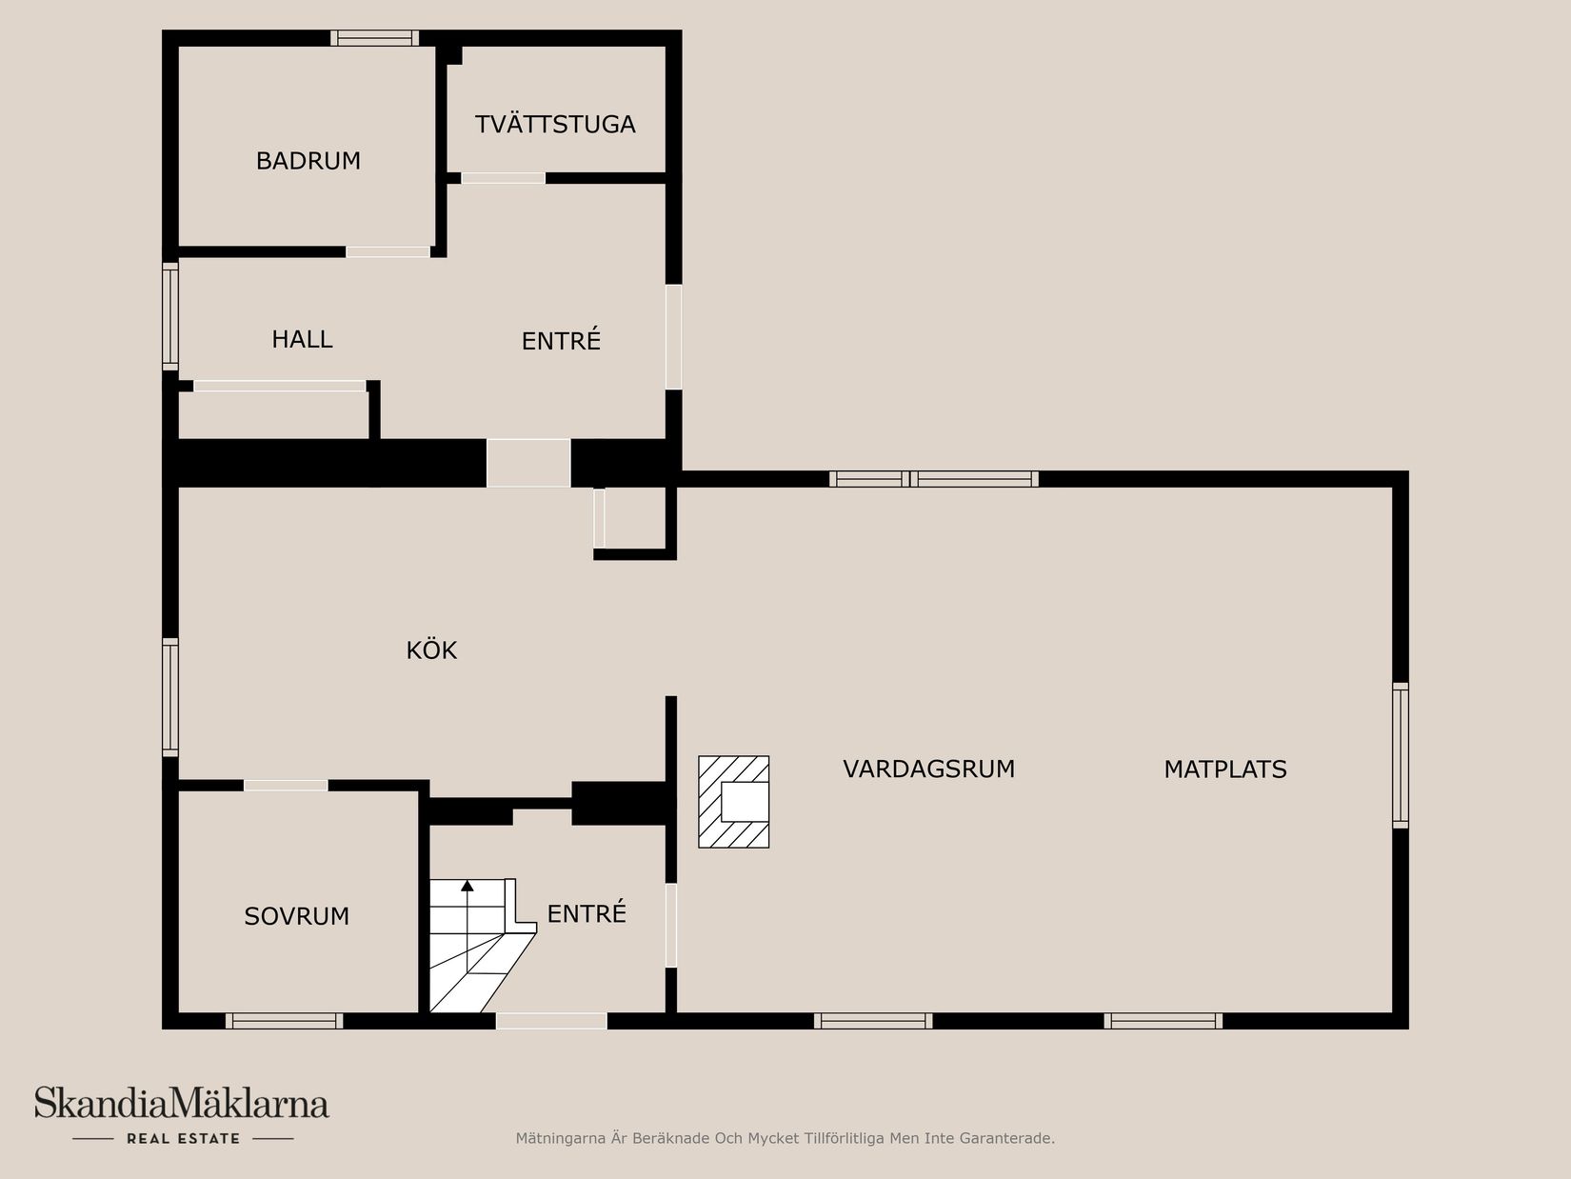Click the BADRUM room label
pyautogui.click(x=308, y=161)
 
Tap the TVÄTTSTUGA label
pyautogui.click(x=555, y=125)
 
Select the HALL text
pyautogui.click(x=302, y=339)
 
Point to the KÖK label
pyautogui.click(x=431, y=650)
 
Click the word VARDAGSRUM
pyautogui.click(x=928, y=769)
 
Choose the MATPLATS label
pyautogui.click(x=1224, y=769)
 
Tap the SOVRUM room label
pyautogui.click(x=296, y=916)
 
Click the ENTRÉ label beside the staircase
pyautogui.click(x=587, y=914)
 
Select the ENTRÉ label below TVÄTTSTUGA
pyautogui.click(x=561, y=341)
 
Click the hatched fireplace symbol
pyautogui.click(x=734, y=802)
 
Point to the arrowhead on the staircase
pyautogui.click(x=467, y=886)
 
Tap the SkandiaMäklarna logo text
pyautogui.click(x=182, y=1104)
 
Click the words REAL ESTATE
pyautogui.click(x=183, y=1138)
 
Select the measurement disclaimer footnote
pyautogui.click(x=785, y=1138)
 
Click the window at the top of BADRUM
pyautogui.click(x=374, y=38)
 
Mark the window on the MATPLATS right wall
pyautogui.click(x=1400, y=754)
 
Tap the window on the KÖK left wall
pyautogui.click(x=170, y=697)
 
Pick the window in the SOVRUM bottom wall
pyautogui.click(x=284, y=1021)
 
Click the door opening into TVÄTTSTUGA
pyautogui.click(x=503, y=178)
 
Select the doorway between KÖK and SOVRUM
pyautogui.click(x=286, y=786)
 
